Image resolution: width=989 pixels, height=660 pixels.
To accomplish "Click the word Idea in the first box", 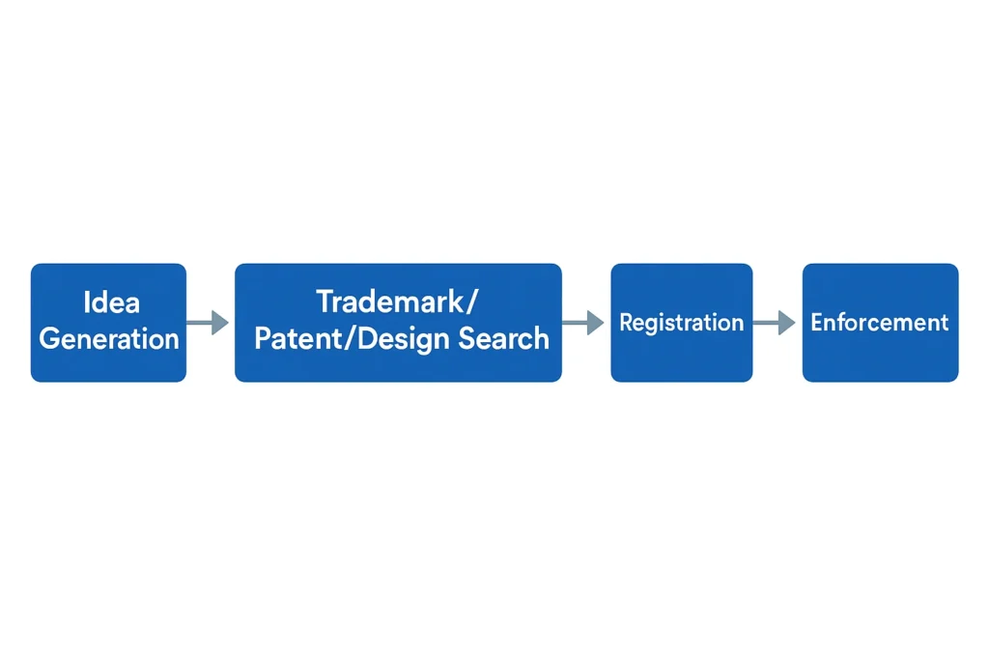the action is [112, 302].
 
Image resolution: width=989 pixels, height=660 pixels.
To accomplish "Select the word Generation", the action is [109, 339].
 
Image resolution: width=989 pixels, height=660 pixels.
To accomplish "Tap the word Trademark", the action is [390, 301].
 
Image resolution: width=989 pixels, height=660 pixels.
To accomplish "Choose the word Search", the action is [503, 339].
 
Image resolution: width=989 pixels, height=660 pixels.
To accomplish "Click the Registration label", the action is [681, 323].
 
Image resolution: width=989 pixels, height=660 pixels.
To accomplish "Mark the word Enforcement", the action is [879, 323].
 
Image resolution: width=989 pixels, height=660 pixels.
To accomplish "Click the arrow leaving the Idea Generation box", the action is [208, 323].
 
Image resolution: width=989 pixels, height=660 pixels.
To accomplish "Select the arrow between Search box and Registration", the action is [582, 323].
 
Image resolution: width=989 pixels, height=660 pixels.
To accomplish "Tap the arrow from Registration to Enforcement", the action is [774, 323].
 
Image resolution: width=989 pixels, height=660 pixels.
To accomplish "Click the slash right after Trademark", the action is [471, 301].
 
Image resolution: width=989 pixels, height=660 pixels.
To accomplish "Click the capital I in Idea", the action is [86, 302].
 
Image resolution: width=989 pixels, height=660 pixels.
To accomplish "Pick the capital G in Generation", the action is [50, 339].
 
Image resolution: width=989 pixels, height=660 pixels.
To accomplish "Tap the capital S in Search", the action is [467, 339].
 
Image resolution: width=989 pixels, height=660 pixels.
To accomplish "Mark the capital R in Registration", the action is [626, 323].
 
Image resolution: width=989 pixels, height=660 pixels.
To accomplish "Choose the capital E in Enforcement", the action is [817, 323].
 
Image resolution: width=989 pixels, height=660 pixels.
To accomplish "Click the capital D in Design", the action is [368, 339].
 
